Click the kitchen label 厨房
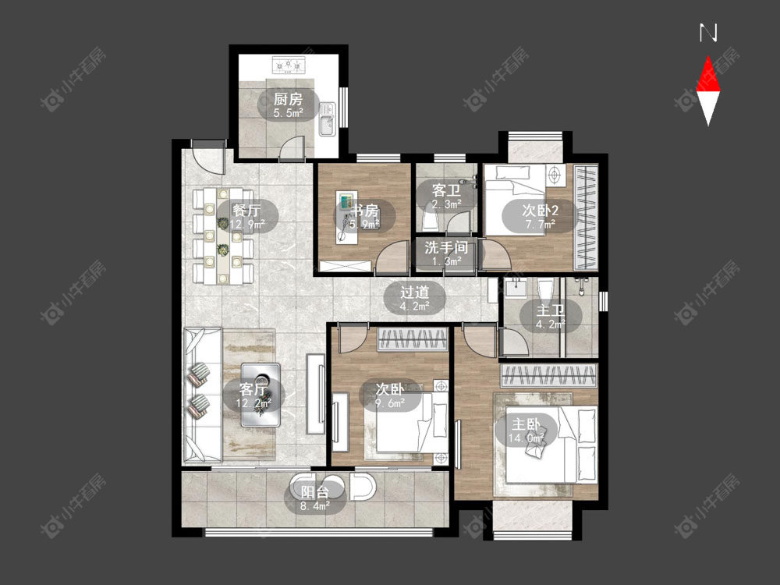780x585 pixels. [288, 98]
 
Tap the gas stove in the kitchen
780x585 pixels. [289, 66]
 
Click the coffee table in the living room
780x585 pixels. [261, 395]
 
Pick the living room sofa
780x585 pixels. [203, 395]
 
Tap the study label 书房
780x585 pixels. [364, 211]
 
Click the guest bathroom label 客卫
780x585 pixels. [446, 190]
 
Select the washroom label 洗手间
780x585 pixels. [446, 246]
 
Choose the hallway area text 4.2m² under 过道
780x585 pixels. [414, 307]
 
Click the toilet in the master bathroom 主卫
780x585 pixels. [546, 289]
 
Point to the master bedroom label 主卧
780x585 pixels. [526, 424]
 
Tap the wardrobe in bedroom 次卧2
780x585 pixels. [586, 217]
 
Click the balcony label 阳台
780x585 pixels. [315, 492]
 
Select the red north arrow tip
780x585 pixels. [708, 56]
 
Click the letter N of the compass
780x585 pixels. [708, 33]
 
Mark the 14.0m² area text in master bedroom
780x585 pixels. [526, 438]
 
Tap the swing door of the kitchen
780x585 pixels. [291, 148]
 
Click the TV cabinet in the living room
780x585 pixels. [316, 394]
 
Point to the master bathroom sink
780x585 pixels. [516, 288]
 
